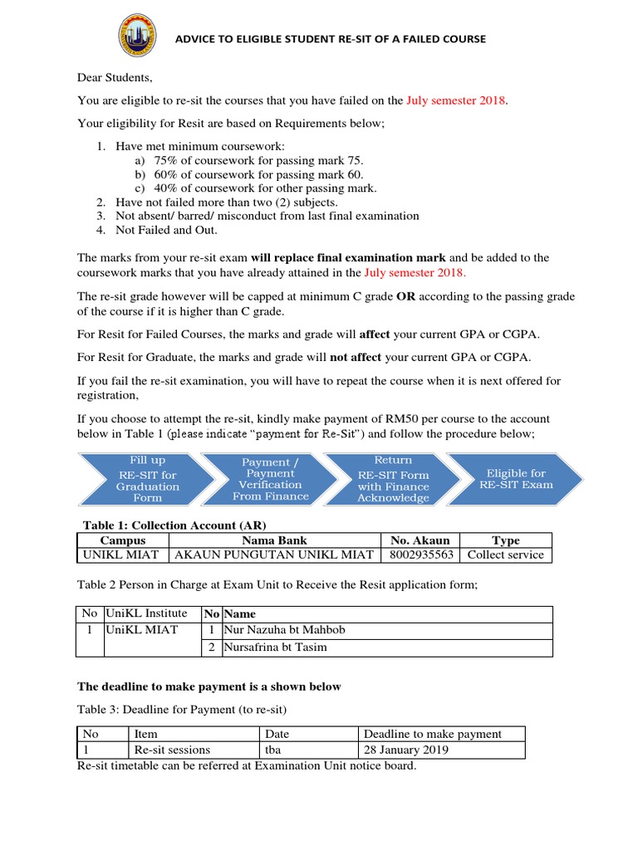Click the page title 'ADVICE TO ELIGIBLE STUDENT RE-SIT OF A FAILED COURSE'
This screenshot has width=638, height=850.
pos(328,39)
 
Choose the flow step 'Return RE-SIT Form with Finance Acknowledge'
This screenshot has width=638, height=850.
pos(393,479)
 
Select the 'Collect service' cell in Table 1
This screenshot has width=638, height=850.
pos(505,554)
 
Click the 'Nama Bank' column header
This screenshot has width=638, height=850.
pos(274,540)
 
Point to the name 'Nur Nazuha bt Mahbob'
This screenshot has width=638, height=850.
pos(284,630)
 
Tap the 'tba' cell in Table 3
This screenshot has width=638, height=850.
pos(273,750)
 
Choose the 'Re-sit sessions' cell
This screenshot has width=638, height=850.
pos(172,750)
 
